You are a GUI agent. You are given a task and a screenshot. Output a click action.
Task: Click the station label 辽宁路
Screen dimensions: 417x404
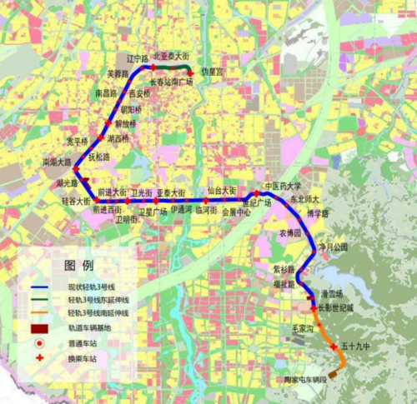(137, 58)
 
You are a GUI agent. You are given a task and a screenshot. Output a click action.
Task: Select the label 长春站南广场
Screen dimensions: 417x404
(172, 82)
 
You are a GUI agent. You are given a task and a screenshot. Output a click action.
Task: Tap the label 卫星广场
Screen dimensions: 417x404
(153, 211)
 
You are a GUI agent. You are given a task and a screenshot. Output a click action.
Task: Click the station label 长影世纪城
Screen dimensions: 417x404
(336, 307)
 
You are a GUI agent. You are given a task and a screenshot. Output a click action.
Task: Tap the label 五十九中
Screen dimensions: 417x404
(355, 345)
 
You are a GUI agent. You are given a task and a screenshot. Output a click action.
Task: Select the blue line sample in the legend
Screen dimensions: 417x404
(39, 287)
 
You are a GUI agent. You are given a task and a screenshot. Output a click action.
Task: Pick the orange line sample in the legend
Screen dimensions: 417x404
(39, 312)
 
